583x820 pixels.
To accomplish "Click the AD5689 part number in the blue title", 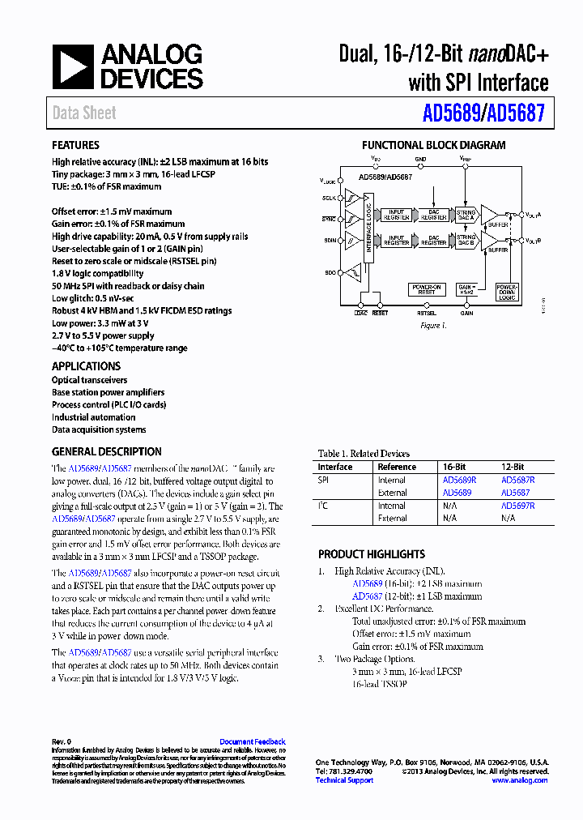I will coord(450,113).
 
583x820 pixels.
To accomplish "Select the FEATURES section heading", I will coord(75,145).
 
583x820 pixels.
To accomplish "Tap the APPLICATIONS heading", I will coord(86,366).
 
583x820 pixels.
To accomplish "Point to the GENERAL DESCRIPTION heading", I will coord(106,451).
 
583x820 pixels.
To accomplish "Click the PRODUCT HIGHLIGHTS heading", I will coord(371,554).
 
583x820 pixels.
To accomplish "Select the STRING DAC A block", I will coord(466,213).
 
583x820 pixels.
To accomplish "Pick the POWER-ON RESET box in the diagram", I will coord(427,289).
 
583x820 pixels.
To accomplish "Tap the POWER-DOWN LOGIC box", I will coord(507,293).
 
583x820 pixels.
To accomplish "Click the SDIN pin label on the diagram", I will coord(329,241).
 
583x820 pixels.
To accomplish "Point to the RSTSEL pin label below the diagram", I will coord(428,313).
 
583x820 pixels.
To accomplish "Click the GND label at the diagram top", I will coord(420,160).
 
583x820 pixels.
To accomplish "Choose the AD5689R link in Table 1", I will coord(459,480).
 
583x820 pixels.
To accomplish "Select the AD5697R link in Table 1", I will coord(517,506).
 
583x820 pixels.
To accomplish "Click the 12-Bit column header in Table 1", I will coord(512,467).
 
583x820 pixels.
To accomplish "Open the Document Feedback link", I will coord(253,741).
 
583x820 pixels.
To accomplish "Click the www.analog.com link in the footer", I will coord(519,780).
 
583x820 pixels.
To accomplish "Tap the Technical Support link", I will coord(344,780).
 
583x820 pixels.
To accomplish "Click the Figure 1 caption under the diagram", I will coord(432,326).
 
